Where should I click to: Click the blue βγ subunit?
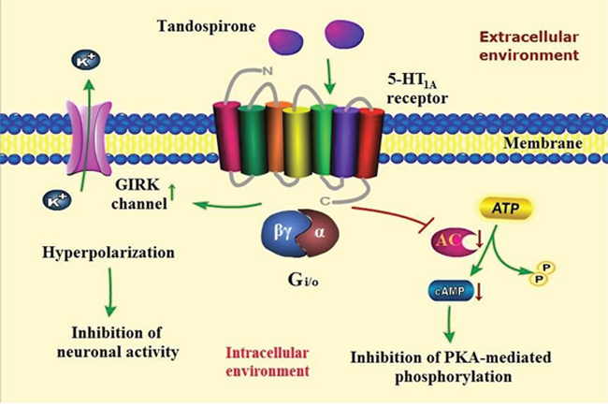click(285, 235)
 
